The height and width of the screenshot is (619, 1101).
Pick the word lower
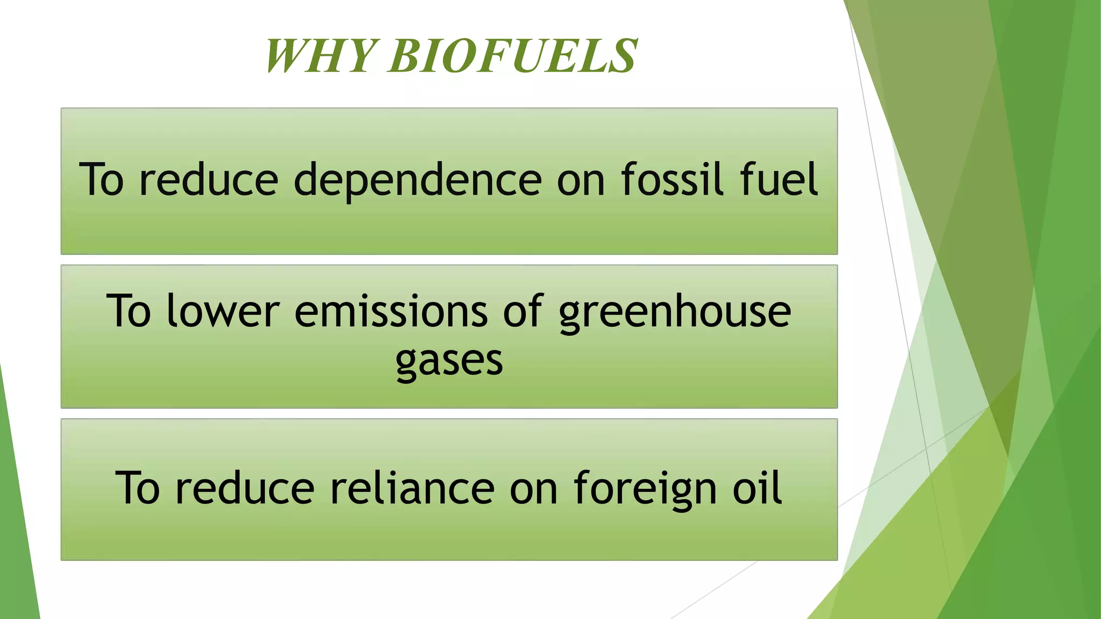[x=223, y=311]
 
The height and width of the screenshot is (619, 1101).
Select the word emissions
[x=391, y=311]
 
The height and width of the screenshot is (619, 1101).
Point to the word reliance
[x=412, y=488]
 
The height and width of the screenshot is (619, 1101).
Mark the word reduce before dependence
[x=209, y=179]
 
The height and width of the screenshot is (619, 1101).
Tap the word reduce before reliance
[x=245, y=488]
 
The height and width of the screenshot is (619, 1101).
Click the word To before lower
[x=129, y=311]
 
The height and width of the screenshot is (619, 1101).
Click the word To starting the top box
[x=102, y=179]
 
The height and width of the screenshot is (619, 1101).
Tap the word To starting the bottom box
[x=138, y=488]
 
